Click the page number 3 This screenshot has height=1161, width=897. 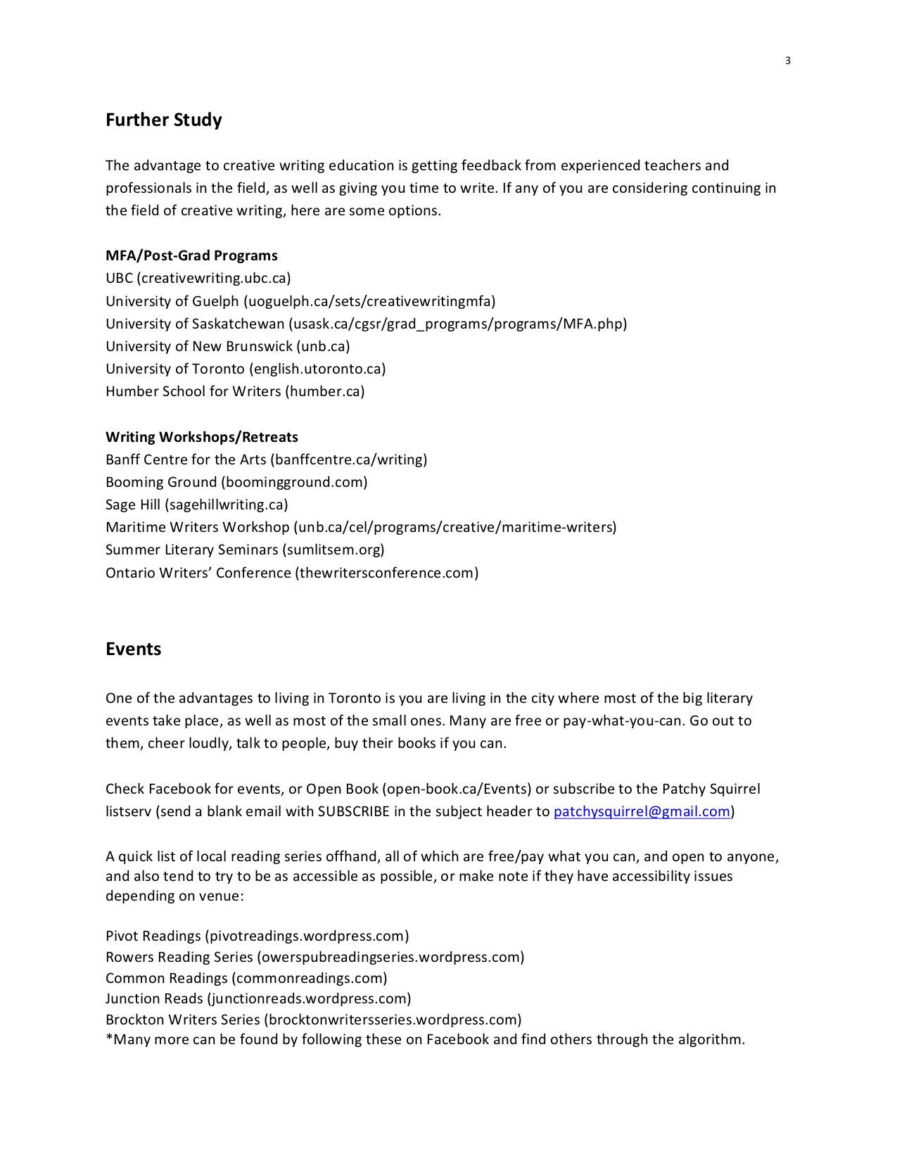tap(788, 61)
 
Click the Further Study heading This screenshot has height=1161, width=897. tap(163, 120)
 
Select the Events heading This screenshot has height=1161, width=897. tap(133, 649)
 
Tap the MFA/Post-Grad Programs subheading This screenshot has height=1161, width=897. tap(191, 255)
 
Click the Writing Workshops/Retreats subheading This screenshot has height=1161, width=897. tap(202, 437)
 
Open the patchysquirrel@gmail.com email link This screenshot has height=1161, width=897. tap(642, 811)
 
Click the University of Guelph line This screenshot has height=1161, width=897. tap(300, 301)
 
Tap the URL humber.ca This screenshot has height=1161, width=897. tap(325, 391)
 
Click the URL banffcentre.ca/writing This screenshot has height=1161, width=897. tap(350, 459)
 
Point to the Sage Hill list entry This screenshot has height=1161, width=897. tap(196, 505)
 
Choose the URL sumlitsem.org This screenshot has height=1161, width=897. tap(333, 550)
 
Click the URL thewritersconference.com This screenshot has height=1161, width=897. tap(387, 573)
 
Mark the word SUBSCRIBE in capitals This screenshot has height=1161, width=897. tap(353, 811)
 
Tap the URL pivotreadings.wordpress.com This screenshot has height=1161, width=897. tap(307, 936)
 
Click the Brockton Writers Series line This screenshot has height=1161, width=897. tap(313, 1020)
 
